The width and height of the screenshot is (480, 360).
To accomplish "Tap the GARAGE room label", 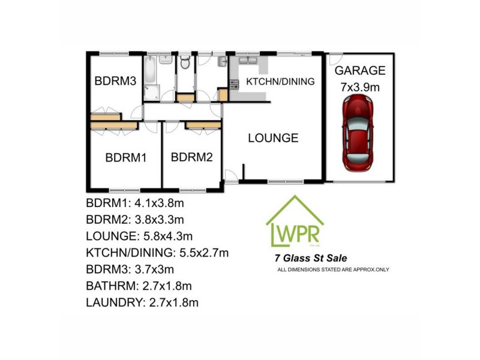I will coord(360,71).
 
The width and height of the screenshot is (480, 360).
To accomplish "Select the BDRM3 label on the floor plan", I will coord(115,81).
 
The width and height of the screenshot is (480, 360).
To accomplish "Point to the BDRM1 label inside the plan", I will coord(126,158).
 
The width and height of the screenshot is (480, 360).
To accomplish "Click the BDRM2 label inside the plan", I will coord(192,158).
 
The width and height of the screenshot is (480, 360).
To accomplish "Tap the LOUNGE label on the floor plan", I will coord(273,138).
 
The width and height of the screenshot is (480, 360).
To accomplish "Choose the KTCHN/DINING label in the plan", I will coord(281,82).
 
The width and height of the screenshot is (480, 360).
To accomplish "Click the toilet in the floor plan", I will coord(185,63).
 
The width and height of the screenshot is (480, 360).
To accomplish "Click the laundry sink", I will coord(222,62).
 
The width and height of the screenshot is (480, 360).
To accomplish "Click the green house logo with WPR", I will coord(295,222).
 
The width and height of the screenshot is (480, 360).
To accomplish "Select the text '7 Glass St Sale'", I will coord(310,259).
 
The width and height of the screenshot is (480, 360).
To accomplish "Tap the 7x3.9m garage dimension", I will coord(360,87).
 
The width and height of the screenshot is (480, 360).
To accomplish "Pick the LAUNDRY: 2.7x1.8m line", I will coord(142,302).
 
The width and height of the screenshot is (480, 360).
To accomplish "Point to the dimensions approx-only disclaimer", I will coord(333,269).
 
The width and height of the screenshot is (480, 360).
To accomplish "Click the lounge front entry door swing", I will coord(230,176).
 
